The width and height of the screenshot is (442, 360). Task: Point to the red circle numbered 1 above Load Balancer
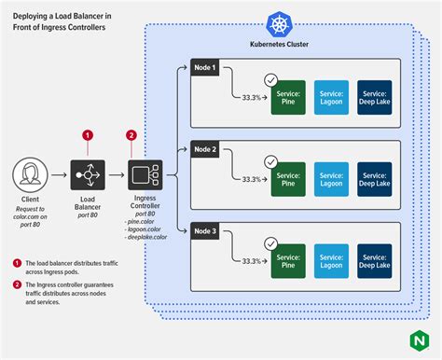click(x=89, y=134)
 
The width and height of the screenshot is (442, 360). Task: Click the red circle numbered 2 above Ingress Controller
click(x=131, y=134)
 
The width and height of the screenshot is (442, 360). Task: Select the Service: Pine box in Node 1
click(x=288, y=98)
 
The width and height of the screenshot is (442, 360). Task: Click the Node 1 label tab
click(x=205, y=66)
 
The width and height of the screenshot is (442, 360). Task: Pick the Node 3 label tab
click(x=205, y=229)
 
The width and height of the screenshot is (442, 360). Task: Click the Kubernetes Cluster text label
click(x=281, y=45)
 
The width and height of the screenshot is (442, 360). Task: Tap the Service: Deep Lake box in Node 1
click(x=375, y=98)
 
